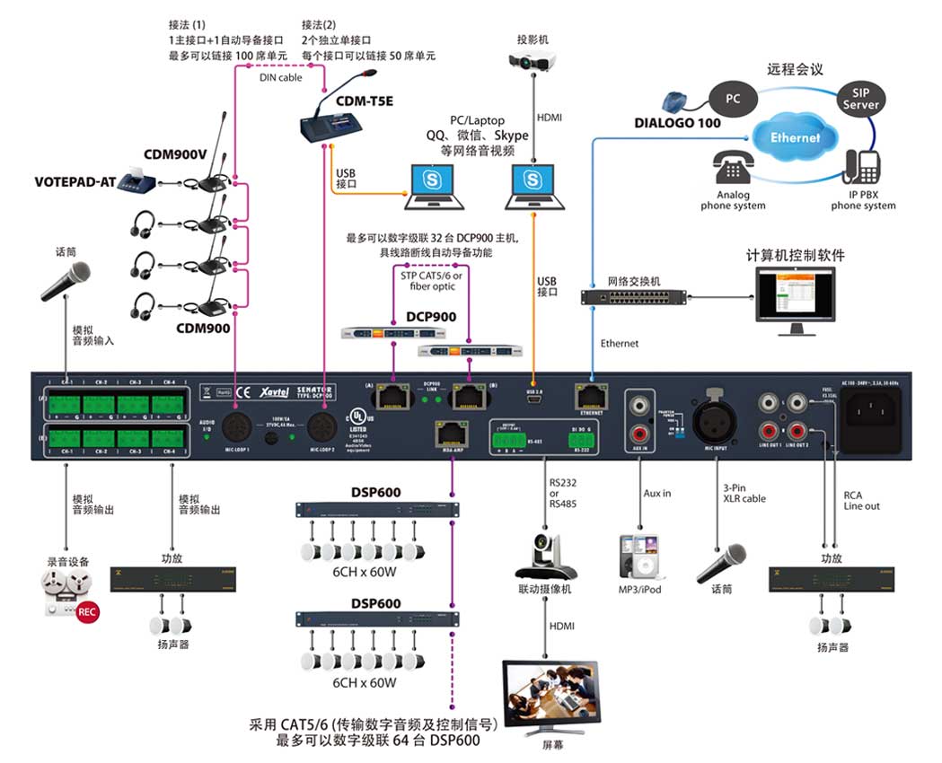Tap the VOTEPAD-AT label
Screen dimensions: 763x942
pos(76,181)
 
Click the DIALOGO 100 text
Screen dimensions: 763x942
pos(677,123)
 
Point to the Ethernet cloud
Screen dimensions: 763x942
pos(795,137)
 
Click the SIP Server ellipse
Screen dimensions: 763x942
pos(860,98)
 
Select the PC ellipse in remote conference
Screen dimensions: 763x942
pos(733,99)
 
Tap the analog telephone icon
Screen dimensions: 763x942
pos(735,168)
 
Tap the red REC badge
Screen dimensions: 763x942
pos(87,612)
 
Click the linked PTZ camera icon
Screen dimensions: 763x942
pos(545,557)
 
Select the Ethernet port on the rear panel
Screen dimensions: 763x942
pos(590,394)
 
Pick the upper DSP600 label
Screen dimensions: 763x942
pos(375,492)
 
